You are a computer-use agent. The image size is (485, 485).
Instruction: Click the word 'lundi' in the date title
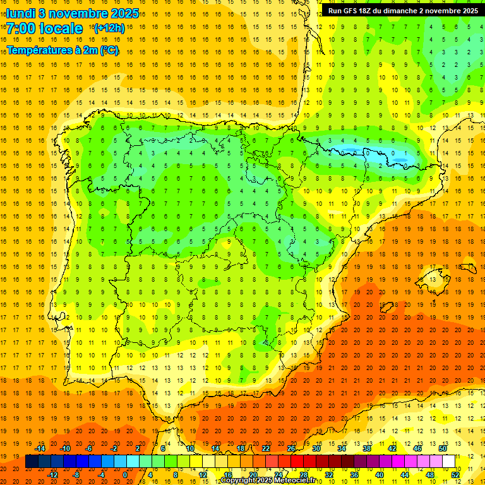[x=21, y=13]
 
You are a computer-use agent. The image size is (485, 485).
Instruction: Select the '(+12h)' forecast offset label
[x=109, y=28]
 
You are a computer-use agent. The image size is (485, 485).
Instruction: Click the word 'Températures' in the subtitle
[x=41, y=50]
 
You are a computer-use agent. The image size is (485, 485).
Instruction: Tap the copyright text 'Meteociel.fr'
[x=291, y=481]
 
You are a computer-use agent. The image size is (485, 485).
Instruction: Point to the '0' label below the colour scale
[x=125, y=475]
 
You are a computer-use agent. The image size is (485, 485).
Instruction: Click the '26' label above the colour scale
[x=291, y=448]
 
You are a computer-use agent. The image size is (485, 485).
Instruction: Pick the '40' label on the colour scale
[x=380, y=475]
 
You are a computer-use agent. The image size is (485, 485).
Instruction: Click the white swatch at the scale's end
[x=449, y=462]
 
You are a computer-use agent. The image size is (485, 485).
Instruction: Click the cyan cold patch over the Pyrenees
[x=373, y=153]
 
